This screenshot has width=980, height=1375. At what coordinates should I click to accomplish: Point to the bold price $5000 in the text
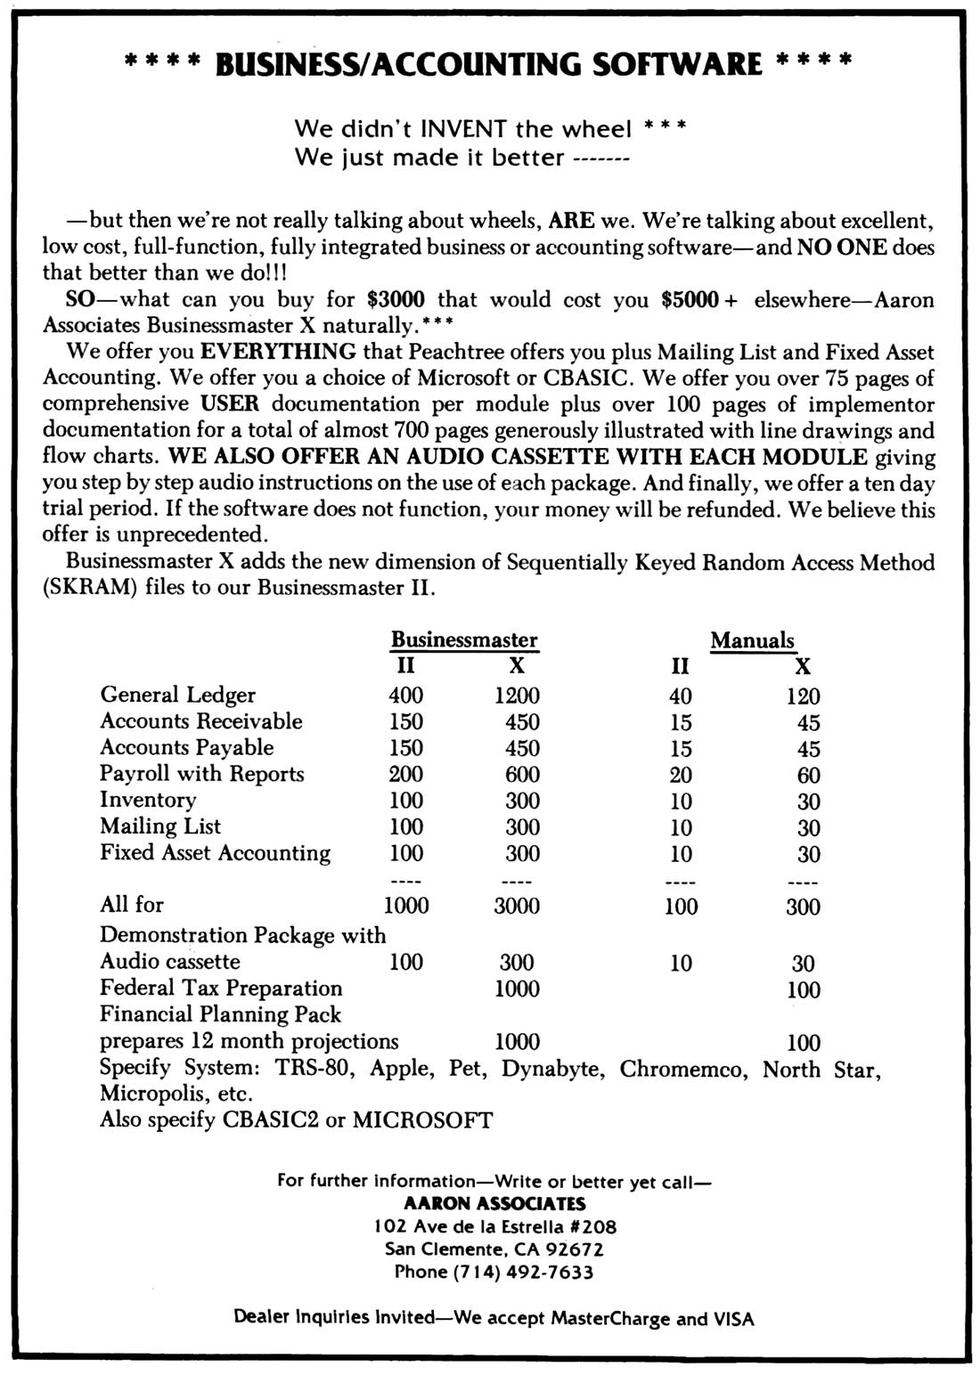click(x=690, y=299)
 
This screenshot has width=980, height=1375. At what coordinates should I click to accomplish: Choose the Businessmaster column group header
click(x=464, y=640)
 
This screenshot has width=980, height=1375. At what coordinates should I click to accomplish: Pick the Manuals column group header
click(x=752, y=640)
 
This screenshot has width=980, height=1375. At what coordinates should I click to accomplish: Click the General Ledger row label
click(x=177, y=695)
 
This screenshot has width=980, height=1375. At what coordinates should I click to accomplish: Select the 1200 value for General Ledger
click(x=517, y=696)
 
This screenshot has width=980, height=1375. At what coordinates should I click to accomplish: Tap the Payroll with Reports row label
click(x=201, y=774)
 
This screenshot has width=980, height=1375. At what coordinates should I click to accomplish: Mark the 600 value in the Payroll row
click(x=522, y=775)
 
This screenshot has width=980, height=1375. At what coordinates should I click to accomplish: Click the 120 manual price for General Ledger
click(x=803, y=696)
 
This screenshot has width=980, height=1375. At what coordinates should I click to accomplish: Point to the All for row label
click(x=132, y=905)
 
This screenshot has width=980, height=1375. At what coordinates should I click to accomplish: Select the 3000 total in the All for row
click(x=517, y=906)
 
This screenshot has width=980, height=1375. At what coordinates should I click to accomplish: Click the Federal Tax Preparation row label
click(x=221, y=989)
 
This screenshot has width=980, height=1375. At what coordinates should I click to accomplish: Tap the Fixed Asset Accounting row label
click(x=215, y=853)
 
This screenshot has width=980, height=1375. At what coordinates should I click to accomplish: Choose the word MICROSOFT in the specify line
click(x=422, y=1119)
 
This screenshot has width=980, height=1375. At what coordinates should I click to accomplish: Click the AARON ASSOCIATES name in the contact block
click(x=494, y=1203)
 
